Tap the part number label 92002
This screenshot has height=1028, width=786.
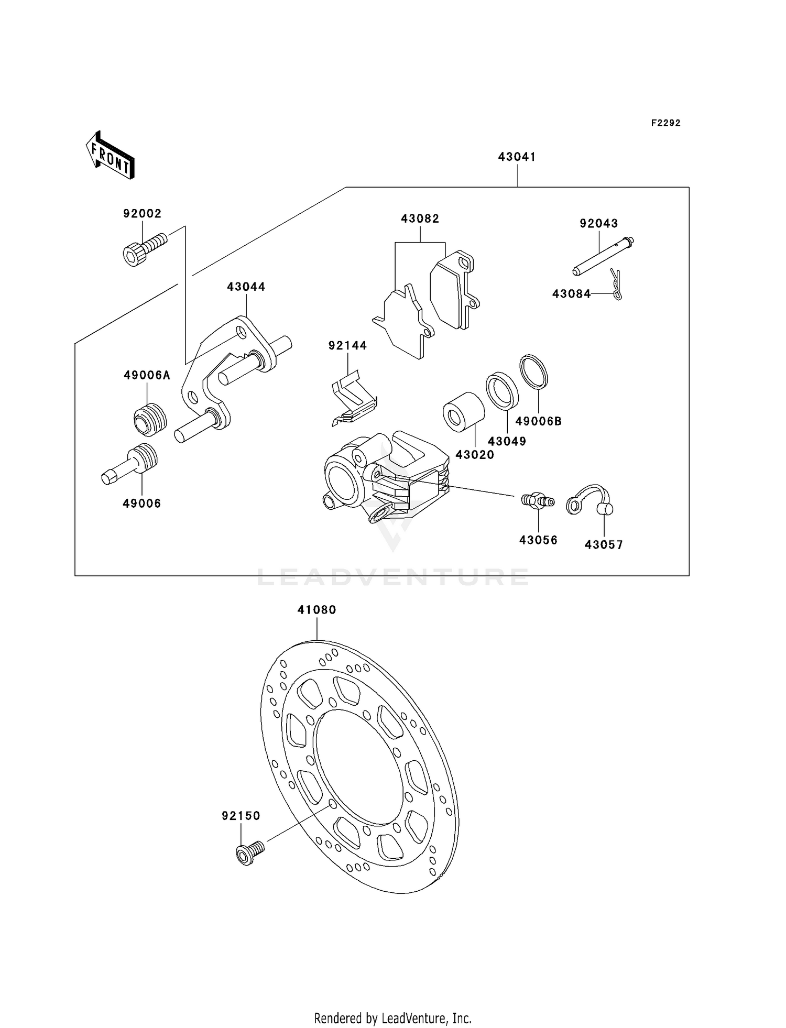click(142, 213)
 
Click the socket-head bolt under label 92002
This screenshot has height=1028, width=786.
click(144, 250)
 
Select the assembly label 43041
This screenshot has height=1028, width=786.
click(517, 157)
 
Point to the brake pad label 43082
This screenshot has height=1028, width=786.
click(420, 218)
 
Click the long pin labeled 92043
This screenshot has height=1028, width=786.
click(603, 257)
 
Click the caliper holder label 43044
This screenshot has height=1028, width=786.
click(246, 287)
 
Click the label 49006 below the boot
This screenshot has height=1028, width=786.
click(141, 503)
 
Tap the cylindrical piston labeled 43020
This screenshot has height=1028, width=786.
click(464, 412)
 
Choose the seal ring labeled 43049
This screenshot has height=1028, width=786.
click(502, 390)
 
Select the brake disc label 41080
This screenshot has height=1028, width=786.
click(316, 609)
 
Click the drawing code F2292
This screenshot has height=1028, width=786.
click(665, 123)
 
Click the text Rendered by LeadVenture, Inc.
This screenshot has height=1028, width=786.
click(392, 1018)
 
